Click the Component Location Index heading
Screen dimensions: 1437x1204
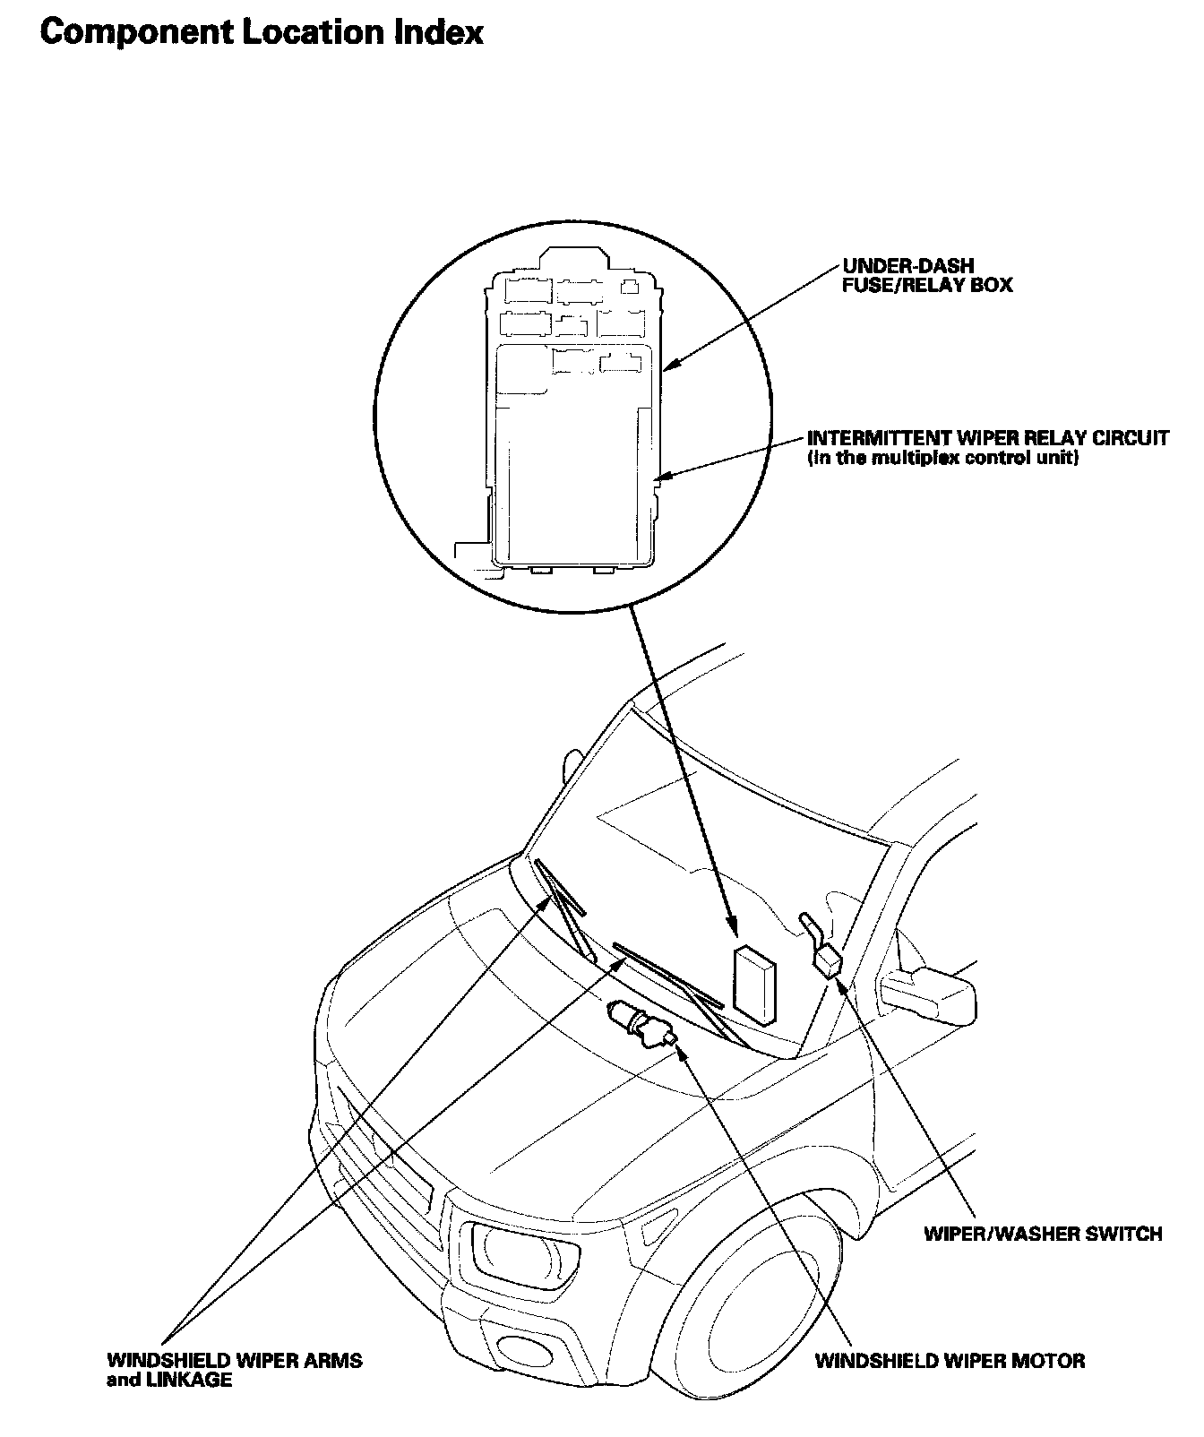[x=262, y=33]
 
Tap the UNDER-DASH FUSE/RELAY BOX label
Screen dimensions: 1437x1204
[x=926, y=276]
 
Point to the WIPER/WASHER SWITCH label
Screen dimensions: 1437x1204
[x=1043, y=1234]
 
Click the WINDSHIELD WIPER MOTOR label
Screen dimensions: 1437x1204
[x=950, y=1361]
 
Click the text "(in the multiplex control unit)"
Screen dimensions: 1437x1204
[x=942, y=459]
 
